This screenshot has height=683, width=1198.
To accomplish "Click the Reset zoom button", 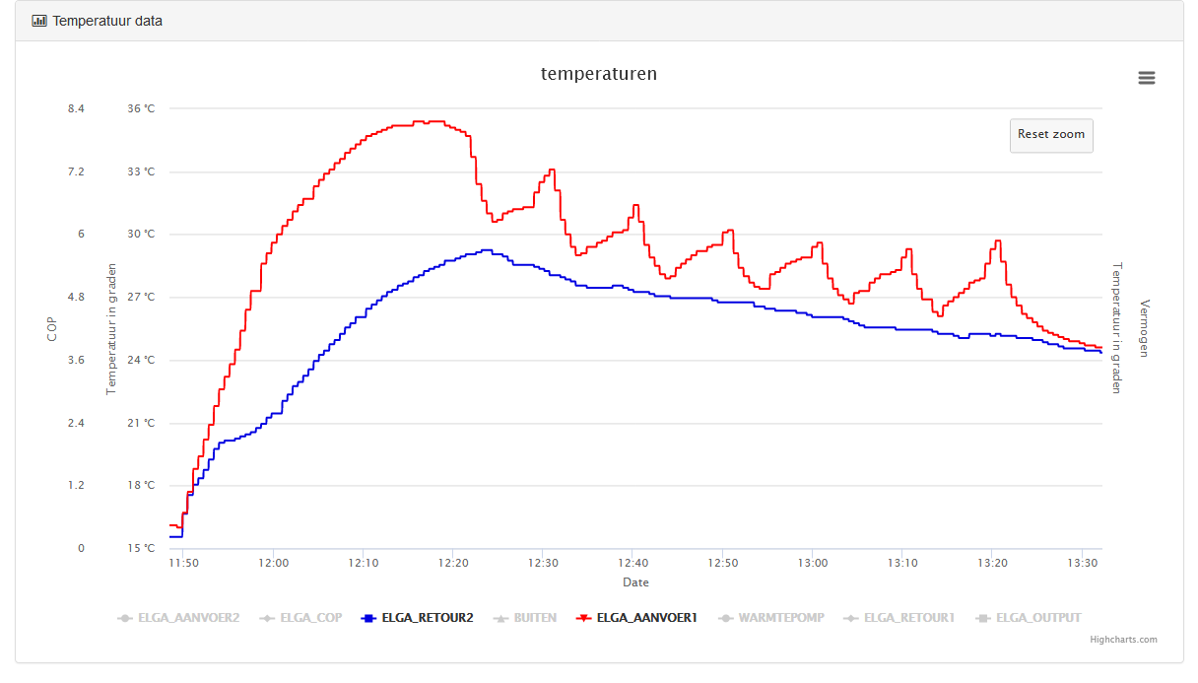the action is pyautogui.click(x=1051, y=135).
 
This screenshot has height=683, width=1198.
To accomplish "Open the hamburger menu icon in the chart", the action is pyautogui.click(x=1146, y=78).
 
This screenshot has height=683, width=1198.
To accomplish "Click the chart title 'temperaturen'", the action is pyautogui.click(x=599, y=74).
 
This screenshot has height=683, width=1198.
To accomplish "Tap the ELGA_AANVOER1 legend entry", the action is pyautogui.click(x=636, y=618).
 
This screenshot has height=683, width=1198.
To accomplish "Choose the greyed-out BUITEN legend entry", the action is pyautogui.click(x=525, y=618).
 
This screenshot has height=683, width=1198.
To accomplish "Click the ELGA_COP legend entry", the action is pyautogui.click(x=300, y=618).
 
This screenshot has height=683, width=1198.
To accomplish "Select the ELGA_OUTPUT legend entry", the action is pyautogui.click(x=1029, y=618).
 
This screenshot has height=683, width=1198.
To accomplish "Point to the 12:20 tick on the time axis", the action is pyautogui.click(x=453, y=563).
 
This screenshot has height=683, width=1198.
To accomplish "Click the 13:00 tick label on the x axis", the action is pyautogui.click(x=813, y=563).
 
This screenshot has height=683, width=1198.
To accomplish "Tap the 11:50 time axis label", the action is pyautogui.click(x=183, y=563).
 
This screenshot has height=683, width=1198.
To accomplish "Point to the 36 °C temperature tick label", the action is pyautogui.click(x=141, y=108).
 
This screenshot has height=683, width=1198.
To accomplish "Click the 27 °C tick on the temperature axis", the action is pyautogui.click(x=141, y=297).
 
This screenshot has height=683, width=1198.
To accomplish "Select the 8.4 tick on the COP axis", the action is pyautogui.click(x=76, y=108).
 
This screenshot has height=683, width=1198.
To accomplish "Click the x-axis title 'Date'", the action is pyautogui.click(x=635, y=582).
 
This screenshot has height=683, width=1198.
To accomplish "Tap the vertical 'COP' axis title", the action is pyautogui.click(x=51, y=329).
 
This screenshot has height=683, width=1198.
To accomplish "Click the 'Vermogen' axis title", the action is pyautogui.click(x=1144, y=328).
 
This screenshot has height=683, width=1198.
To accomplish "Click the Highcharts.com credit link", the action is pyautogui.click(x=1123, y=640).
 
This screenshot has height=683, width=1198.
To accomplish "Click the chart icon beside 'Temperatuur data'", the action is pyautogui.click(x=39, y=21).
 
